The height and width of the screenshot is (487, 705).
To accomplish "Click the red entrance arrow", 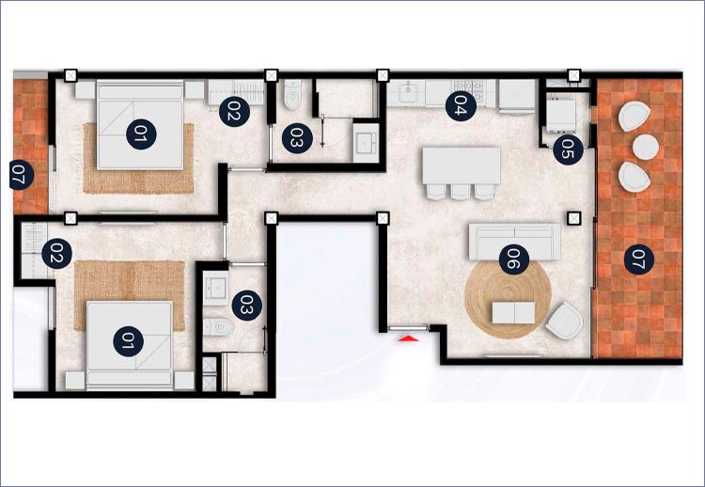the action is coord(409,338).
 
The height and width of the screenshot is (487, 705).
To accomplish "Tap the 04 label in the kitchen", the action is coord(461,105).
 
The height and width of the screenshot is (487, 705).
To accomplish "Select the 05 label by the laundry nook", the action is coord(569,149).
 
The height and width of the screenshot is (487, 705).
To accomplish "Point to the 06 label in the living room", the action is coord(514,259).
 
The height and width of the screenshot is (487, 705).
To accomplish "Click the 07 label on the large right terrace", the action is coord(639,259).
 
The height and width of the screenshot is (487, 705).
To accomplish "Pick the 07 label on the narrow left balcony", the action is coord(21,175).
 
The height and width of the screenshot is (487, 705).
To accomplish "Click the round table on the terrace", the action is coord(646,147).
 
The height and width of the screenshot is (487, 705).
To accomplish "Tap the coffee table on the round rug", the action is coord(513,312).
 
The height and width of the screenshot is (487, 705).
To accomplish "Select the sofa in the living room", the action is coord(515,241).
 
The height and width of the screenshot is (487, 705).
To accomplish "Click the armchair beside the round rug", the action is coord(565,322).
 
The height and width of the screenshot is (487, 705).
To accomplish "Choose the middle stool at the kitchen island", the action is coord(460,191).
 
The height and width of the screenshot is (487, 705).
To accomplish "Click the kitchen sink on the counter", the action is coord(410,92).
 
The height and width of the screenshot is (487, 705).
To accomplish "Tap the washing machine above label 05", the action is coord(561,115).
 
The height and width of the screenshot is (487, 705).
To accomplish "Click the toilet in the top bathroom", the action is coord(292,94).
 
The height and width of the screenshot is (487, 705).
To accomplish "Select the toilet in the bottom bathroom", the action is coord(218,327).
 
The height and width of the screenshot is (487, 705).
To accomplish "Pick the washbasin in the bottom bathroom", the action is coord(216,288).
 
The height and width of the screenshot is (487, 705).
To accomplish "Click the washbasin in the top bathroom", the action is coord(365,143).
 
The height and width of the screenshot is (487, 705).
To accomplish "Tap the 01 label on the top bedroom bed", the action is coord(141,134).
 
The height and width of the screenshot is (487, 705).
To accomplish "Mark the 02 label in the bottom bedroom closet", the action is coord(57,254).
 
